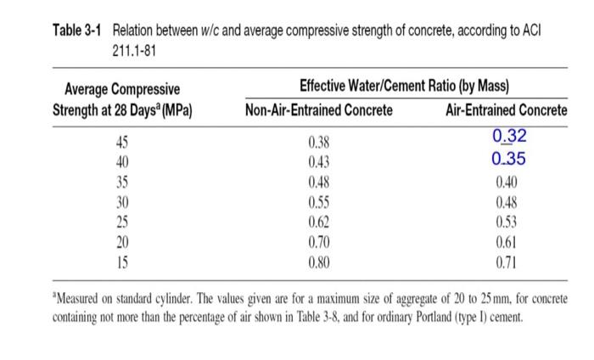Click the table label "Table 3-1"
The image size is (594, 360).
click(x=77, y=31)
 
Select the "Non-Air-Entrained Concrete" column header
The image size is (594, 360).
click(x=319, y=110)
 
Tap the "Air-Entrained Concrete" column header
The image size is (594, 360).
click(x=507, y=110)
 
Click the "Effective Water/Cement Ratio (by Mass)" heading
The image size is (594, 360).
click(x=404, y=86)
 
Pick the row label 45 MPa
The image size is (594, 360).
click(x=122, y=143)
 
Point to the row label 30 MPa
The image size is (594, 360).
click(x=122, y=202)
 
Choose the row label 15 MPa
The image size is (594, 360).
click(x=122, y=262)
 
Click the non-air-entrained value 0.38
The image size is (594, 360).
click(x=318, y=143)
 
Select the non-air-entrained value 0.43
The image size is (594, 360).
click(x=318, y=162)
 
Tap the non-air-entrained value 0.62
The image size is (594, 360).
click(x=318, y=222)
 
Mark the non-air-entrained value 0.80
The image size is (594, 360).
click(x=318, y=262)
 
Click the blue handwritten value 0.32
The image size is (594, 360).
click(x=509, y=136)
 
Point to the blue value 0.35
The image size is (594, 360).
click(x=508, y=159)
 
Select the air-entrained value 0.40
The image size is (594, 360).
click(x=507, y=183)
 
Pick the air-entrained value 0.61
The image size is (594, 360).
click(x=506, y=242)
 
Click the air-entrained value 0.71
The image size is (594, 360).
click(x=506, y=262)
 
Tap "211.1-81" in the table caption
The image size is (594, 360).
click(x=134, y=51)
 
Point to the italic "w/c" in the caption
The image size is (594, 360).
click(x=210, y=31)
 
